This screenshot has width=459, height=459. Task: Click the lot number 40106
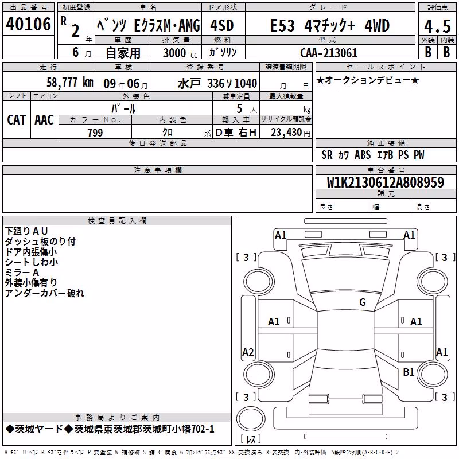coord(28,24)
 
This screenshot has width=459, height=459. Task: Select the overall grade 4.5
coord(437,26)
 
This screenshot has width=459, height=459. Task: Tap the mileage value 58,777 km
coord(70,83)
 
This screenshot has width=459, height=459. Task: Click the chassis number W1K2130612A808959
coord(386,182)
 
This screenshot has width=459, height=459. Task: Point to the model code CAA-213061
coord(329,53)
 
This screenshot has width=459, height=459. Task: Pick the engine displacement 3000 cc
coord(180,53)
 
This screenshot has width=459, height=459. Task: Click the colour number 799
coord(95,133)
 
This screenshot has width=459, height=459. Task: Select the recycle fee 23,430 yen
coord(290,133)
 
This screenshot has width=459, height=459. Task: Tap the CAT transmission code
coord(17,120)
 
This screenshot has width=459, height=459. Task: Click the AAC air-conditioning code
coord(44,120)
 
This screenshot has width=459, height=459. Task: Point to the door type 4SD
coord(222,25)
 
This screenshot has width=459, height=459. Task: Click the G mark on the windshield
coord(363,302)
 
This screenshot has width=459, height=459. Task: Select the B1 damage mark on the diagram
coord(409,372)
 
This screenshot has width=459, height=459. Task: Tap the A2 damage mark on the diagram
coord(248,352)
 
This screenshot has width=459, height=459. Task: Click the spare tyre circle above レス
coord(251,419)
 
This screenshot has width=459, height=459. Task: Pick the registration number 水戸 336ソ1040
coord(217,83)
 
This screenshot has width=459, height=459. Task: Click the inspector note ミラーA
coord(22,272)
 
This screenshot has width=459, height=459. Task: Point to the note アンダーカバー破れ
coord(45,293)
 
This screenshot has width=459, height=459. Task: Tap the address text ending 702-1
coord(110,429)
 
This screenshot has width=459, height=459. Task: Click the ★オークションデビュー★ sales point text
coord(368,80)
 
